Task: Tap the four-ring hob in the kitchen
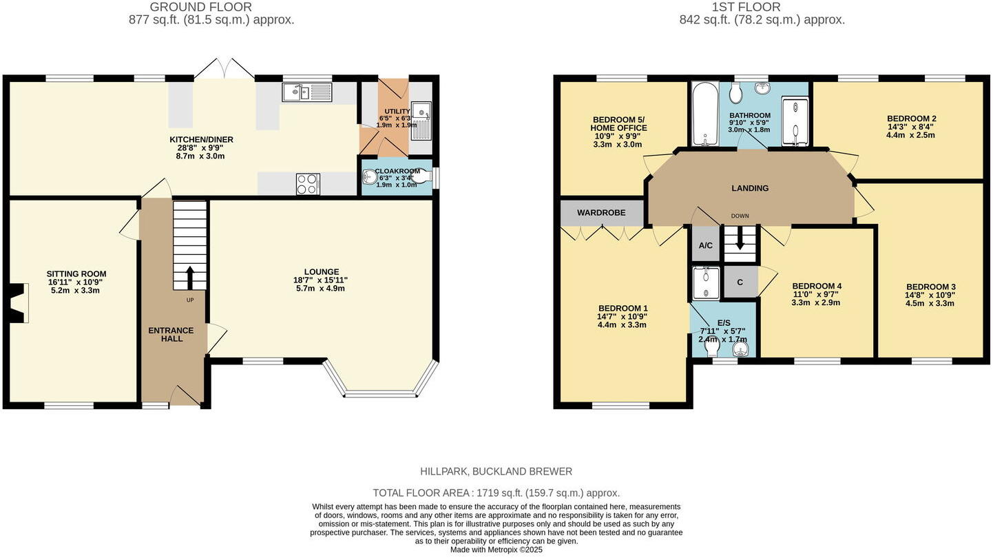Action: point(308,184)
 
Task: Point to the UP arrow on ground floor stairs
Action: point(190,277)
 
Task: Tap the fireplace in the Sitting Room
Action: point(20,303)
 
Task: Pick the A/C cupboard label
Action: point(705,246)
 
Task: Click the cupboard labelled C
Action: point(740,282)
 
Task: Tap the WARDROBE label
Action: point(601,213)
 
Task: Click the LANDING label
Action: point(750,188)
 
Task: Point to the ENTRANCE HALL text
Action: point(171,334)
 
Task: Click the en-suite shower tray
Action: point(706,283)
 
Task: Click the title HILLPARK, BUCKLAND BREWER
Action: point(496,472)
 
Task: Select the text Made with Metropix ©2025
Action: point(496,550)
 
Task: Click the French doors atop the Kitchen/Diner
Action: point(224,69)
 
